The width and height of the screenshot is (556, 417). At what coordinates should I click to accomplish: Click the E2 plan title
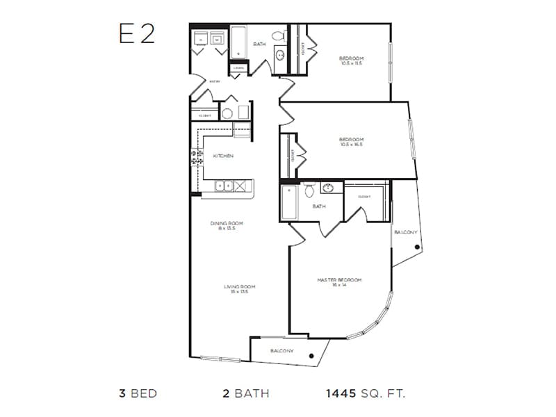click(136, 34)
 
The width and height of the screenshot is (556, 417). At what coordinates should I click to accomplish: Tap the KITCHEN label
click(222, 156)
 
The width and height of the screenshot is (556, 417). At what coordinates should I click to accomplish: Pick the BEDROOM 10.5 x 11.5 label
click(351, 60)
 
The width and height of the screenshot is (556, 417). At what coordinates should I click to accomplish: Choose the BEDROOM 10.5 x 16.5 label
click(351, 142)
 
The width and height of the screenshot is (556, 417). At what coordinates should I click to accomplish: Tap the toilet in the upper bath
click(277, 35)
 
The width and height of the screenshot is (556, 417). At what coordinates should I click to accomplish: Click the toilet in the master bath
click(310, 188)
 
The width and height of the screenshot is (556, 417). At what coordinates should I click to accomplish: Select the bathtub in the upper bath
click(238, 42)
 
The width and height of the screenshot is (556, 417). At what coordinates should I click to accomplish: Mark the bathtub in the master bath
click(288, 202)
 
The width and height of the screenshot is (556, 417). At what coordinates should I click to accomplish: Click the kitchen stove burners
click(196, 158)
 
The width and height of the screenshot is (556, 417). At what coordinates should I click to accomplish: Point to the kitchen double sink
click(224, 186)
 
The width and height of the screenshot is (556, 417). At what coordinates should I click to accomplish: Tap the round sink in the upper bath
click(280, 56)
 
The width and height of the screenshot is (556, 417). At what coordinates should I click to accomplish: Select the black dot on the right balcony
click(414, 247)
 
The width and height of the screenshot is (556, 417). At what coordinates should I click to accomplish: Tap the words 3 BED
click(138, 393)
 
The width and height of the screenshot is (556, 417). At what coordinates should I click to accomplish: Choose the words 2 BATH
click(245, 393)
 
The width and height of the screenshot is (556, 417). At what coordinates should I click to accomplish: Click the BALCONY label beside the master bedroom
click(404, 231)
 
